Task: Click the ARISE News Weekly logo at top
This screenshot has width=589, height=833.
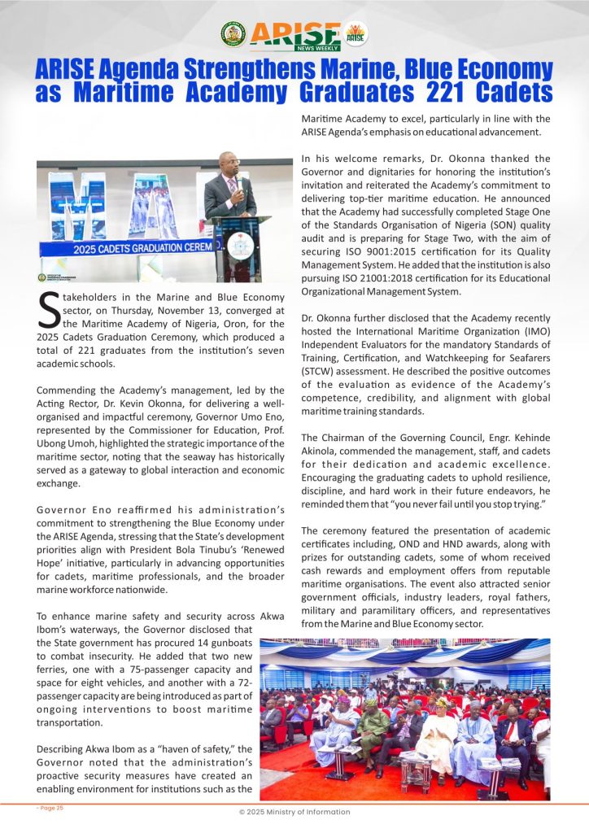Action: point(295,34)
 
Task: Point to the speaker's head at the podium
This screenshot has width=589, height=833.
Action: point(229,163)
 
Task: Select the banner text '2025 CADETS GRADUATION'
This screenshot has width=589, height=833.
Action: point(121,246)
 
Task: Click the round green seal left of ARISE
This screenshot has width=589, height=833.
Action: point(233,33)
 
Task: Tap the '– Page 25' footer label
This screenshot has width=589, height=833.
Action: point(50,807)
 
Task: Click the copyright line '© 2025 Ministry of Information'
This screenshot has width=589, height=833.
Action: point(294,812)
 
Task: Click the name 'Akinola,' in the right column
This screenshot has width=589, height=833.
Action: point(324,451)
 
